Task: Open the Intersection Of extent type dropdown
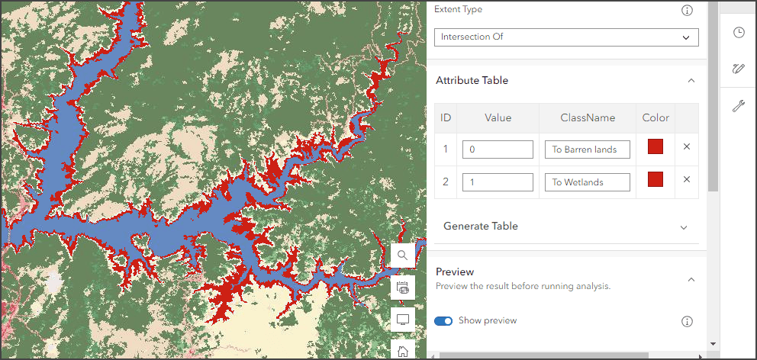[x=565, y=37]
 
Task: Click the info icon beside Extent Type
[x=687, y=10]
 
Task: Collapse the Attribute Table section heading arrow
[x=691, y=80]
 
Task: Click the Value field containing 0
[x=498, y=149]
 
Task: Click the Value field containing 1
[x=498, y=182]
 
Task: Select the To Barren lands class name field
[x=587, y=149]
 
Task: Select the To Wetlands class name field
[x=587, y=182]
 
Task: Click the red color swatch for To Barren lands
[x=656, y=147]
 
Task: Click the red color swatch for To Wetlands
[x=656, y=179]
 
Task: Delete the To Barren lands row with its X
[x=687, y=147]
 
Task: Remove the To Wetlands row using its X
[x=687, y=179]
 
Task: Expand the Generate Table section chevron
[x=684, y=227]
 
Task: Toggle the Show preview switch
[x=443, y=321]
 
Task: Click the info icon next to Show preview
[x=687, y=321]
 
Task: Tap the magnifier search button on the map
[x=402, y=256]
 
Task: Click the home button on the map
[x=402, y=350]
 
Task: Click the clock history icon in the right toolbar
[x=738, y=32]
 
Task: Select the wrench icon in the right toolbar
[x=738, y=106]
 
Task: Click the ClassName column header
[x=588, y=117]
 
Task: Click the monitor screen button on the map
[x=402, y=319]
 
